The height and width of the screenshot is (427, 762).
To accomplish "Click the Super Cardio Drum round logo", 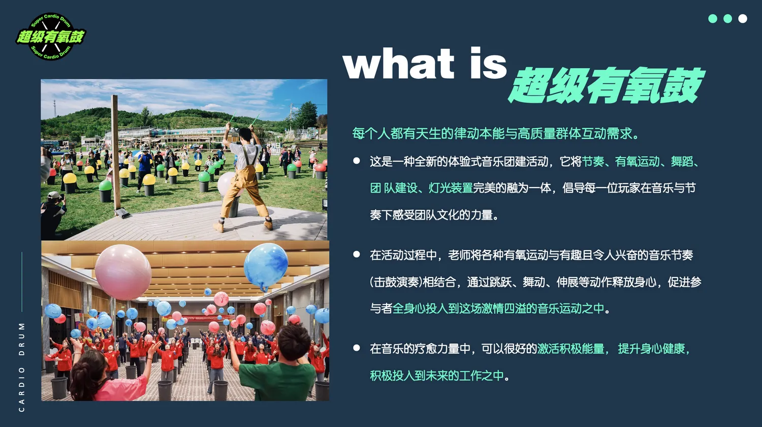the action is tap(51, 37).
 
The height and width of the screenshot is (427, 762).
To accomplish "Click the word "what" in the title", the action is tap(398, 63).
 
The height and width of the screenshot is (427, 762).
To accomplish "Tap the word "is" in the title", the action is tap(489, 63).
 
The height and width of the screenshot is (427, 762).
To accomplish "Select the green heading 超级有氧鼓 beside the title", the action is tap(606, 85).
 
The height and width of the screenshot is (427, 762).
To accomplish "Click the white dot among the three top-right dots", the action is tap(743, 19).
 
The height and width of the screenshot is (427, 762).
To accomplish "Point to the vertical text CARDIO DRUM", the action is tap(22, 367).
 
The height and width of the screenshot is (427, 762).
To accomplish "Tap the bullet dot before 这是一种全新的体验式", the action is tap(357, 161).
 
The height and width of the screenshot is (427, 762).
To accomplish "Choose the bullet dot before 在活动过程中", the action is tap(357, 254).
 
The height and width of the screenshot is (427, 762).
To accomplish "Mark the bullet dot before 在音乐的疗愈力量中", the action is tap(357, 348).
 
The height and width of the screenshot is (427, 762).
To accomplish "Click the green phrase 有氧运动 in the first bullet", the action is tap(637, 162).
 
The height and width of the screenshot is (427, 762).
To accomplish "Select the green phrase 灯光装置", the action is tap(451, 188).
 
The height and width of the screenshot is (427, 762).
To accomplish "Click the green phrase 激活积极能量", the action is tap(570, 349).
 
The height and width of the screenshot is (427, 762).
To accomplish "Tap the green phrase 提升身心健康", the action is tap(651, 349).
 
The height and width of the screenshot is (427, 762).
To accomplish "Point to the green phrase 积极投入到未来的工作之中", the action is tap(437, 376).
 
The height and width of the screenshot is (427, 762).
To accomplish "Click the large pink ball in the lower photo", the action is tap(123, 272).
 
